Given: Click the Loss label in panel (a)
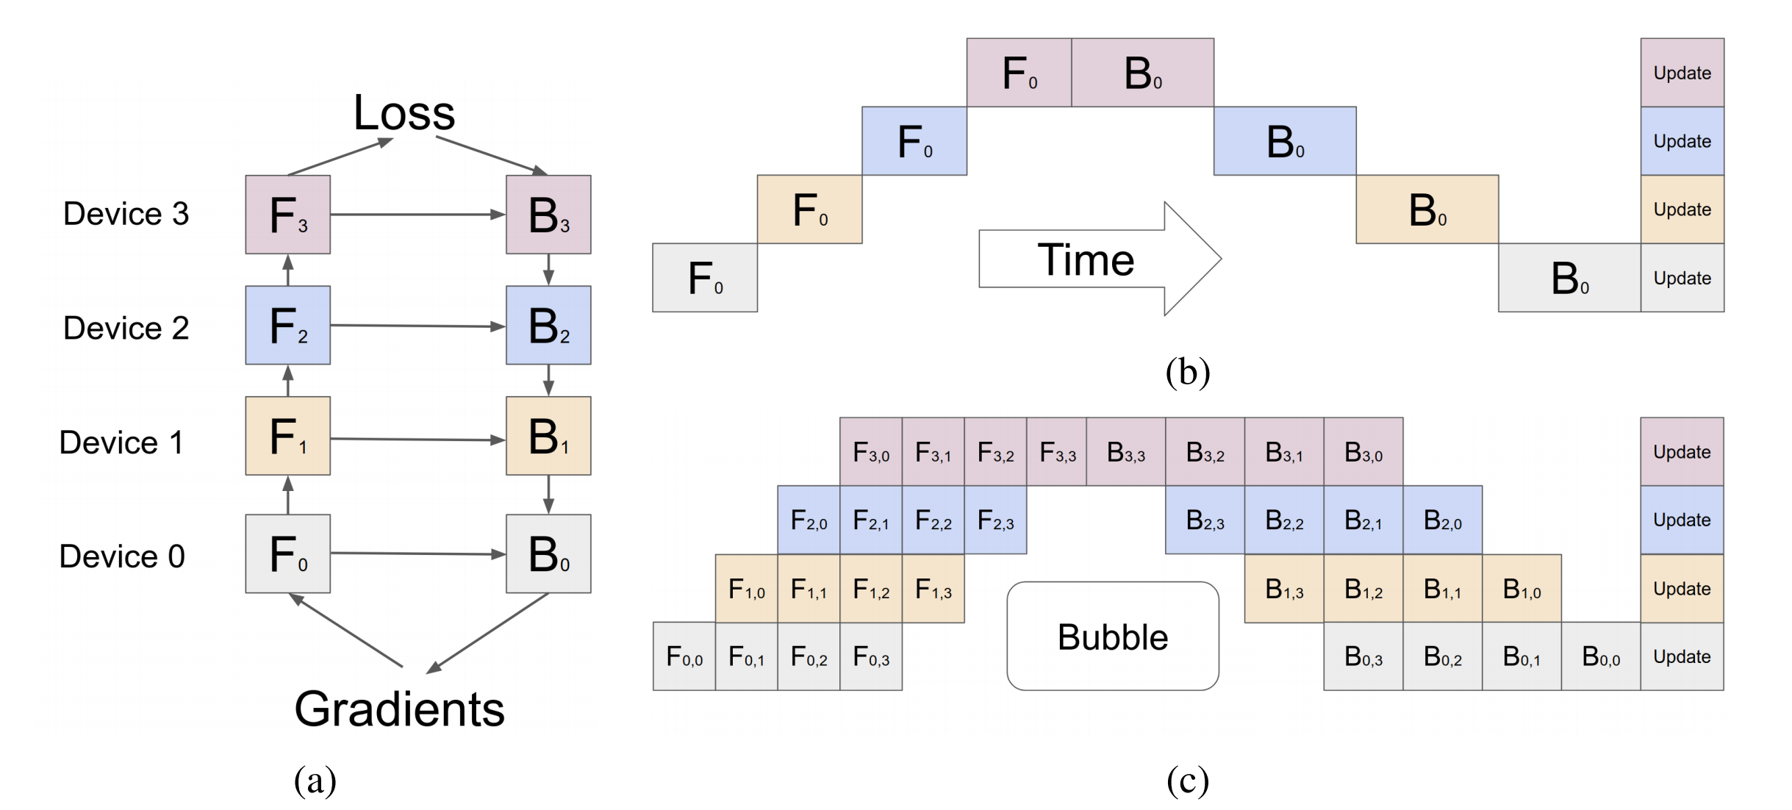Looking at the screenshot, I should [404, 113].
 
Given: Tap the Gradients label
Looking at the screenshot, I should [399, 709].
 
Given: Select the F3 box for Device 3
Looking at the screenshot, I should [287, 215].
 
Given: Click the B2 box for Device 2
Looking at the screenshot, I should [548, 326].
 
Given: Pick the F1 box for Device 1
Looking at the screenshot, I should [287, 436].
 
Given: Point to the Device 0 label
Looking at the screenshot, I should [122, 556].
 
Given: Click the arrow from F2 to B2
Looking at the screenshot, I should [417, 326].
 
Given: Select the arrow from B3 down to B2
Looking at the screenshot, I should [548, 270].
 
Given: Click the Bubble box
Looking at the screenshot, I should [1112, 637].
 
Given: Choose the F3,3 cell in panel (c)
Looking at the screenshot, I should [1057, 452].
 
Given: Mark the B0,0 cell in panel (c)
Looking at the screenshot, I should [1600, 656].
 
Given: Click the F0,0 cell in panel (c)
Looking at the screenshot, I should [684, 656].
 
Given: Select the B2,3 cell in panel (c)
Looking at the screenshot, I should [1205, 520].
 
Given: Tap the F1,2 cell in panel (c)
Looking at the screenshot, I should [870, 589].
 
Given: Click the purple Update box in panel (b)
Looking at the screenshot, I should [1682, 73].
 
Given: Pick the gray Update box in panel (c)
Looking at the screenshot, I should [1682, 656].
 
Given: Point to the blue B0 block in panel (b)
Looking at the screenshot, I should [1284, 141].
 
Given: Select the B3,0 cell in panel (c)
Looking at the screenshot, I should [1363, 452].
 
